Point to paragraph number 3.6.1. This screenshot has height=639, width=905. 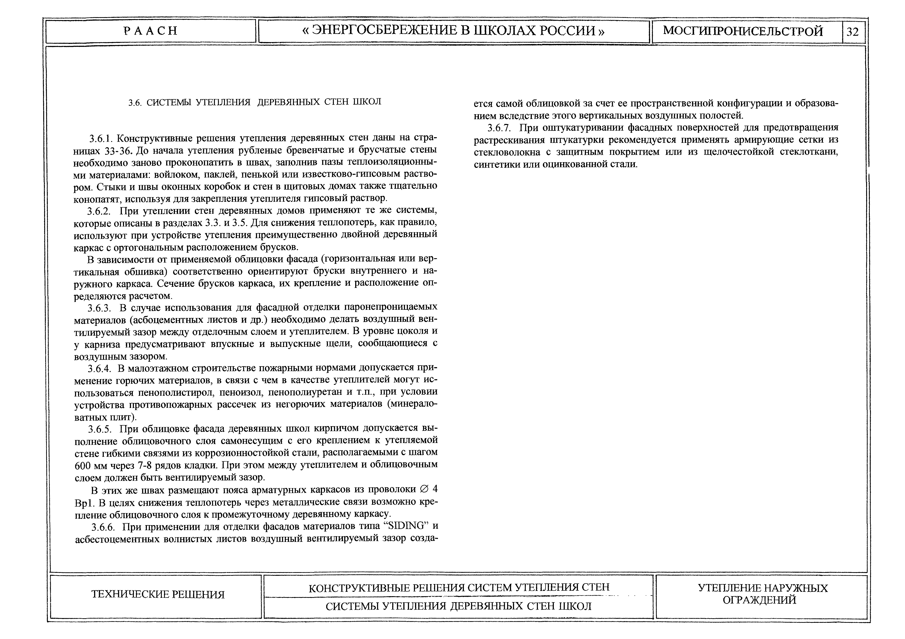pyautogui.click(x=101, y=139)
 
